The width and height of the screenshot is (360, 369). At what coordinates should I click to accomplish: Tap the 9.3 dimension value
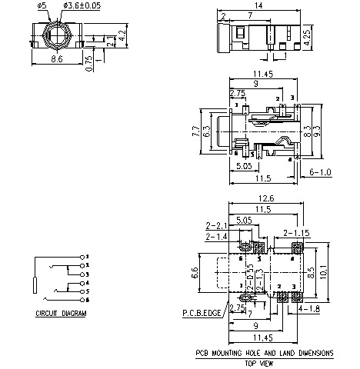click(318, 131)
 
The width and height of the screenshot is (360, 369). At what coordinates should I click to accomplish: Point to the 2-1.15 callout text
click(296, 231)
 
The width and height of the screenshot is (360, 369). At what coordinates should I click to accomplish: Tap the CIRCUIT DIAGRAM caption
click(62, 314)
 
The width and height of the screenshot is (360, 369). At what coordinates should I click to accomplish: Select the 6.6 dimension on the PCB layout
click(195, 272)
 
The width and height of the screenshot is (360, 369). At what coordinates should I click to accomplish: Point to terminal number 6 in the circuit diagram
click(88, 300)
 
